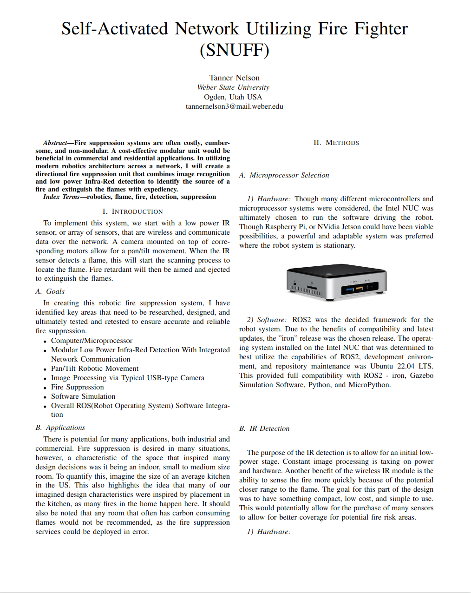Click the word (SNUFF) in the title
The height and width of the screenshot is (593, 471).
pos(235,50)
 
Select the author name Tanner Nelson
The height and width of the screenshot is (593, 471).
pos(234,78)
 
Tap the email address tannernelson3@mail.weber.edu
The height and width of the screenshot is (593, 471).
pos(234,106)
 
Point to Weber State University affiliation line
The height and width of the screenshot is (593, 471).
pos(233,87)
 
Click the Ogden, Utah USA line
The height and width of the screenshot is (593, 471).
pos(233,97)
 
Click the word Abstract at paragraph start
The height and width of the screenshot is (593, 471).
pos(55,143)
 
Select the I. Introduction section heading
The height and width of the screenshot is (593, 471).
pos(132,211)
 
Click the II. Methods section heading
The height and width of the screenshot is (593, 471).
pos(336,143)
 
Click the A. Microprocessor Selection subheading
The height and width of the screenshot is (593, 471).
pos(284,175)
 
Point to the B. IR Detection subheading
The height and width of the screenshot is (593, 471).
pos(264,428)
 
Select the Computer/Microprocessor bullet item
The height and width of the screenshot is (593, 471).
pos(92,341)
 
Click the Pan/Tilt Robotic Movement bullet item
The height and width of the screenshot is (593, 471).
pos(95,369)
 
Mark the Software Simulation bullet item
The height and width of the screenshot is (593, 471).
pos(83,396)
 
